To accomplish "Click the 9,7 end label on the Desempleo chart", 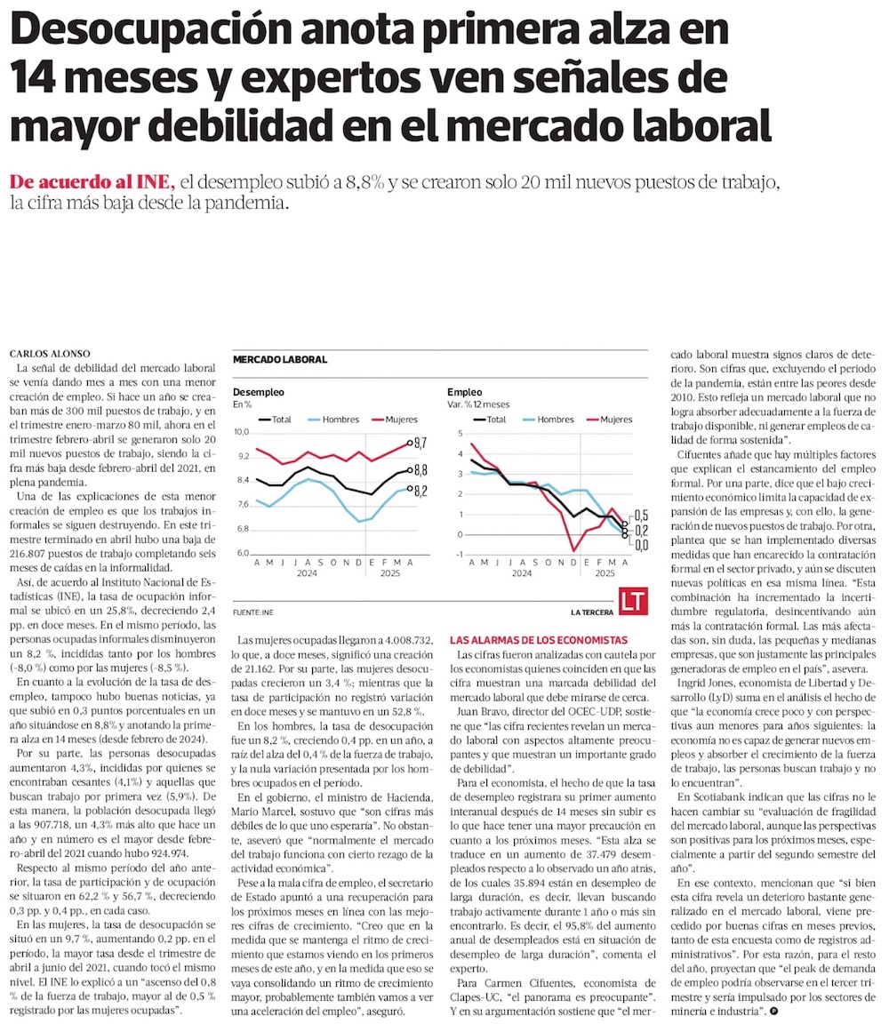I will pos(421,442).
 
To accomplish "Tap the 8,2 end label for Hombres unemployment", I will pos(421,490).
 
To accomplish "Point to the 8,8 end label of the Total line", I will pos(421,470).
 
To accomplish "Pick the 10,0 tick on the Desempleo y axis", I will pos(242,432).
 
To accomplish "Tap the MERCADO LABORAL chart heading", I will pos(279,360).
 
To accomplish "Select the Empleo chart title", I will pos(465,391).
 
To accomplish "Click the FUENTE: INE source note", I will pos(252,612).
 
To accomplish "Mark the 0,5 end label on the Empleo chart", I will pos(641,516).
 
